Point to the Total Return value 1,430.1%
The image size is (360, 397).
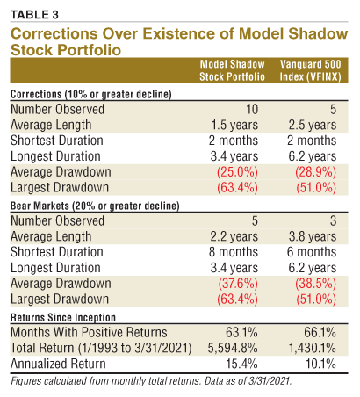pos(313,347)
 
